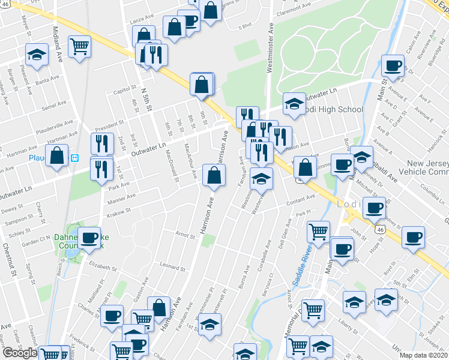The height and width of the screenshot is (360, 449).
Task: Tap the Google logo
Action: tap(20, 353)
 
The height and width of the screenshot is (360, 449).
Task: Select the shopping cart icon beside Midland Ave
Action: tap(79, 46)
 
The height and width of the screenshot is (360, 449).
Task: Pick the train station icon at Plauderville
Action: tap(75, 158)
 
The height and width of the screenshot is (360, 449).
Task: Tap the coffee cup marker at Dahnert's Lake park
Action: tap(90, 238)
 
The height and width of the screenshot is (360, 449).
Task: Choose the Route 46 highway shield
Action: tap(379, 229)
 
